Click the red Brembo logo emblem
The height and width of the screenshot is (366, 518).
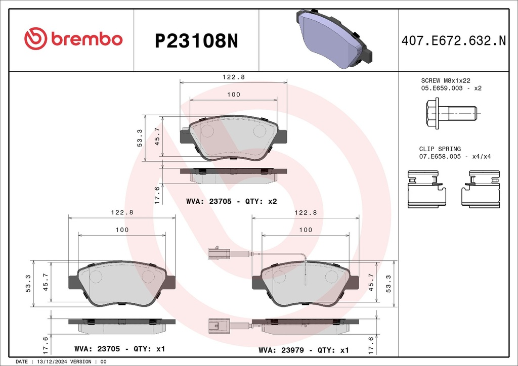36,38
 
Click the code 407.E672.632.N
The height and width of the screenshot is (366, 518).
454,40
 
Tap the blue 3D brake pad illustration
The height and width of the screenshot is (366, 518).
334,38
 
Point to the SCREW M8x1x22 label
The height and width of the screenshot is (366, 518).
445,80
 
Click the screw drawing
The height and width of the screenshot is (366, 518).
451,113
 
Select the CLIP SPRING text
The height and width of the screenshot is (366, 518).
440,149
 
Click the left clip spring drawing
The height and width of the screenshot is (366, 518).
427,190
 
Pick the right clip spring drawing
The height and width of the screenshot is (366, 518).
481,190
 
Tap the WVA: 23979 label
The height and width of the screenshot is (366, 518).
281,350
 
